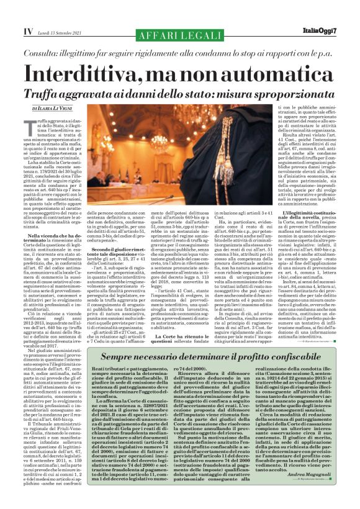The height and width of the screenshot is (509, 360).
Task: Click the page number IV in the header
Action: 11,31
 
